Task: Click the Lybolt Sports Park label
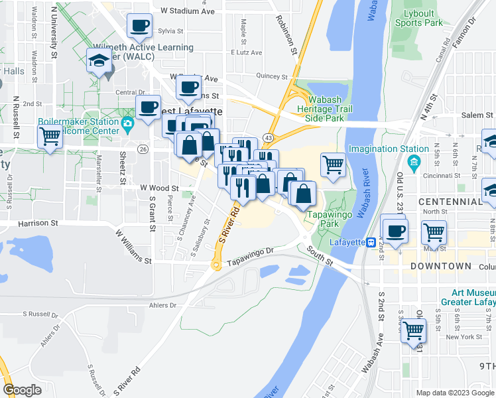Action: click(418, 17)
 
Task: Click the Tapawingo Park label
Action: click(324, 220)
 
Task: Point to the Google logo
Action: click(22, 390)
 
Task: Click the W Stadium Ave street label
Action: click(188, 11)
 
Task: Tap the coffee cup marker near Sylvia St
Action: click(139, 27)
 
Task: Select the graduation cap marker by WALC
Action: click(99, 60)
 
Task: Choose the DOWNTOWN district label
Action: click(436, 266)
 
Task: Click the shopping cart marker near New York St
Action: click(414, 328)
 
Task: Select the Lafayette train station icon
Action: click(372, 242)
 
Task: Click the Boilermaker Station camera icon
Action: click(127, 122)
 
